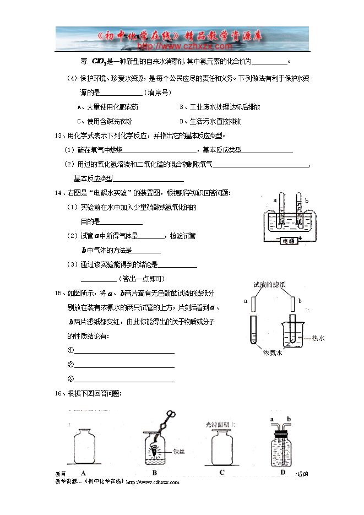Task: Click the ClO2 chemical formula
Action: [x=99, y=61]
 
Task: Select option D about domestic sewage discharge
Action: [x=210, y=121]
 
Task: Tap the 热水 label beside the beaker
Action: [x=318, y=338]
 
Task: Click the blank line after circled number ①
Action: [x=124, y=351]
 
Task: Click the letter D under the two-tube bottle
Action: [x=282, y=473]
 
